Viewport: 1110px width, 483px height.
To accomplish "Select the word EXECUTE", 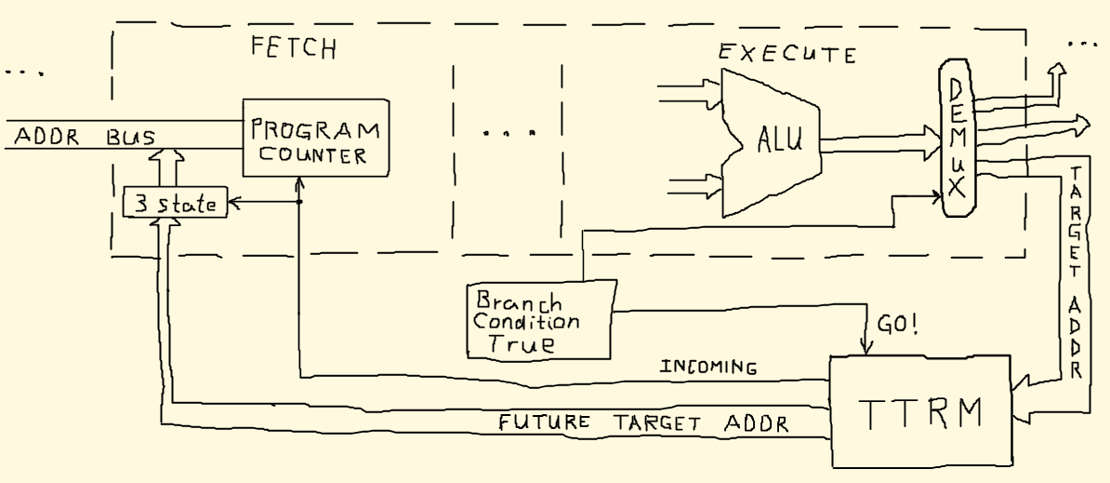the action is click(x=786, y=54).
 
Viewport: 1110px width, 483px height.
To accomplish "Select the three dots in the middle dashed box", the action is click(x=507, y=133).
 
